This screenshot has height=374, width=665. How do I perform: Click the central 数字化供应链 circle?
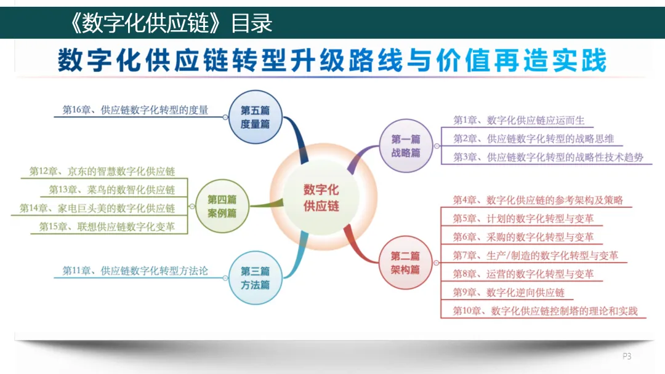point(321,198)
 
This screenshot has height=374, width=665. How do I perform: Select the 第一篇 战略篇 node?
point(406,146)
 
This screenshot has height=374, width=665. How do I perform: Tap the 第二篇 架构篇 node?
point(405,263)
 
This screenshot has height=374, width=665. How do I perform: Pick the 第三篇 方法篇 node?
point(255,278)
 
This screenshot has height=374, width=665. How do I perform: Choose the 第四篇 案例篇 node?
point(222,206)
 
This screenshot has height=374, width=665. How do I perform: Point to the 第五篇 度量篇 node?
point(255,117)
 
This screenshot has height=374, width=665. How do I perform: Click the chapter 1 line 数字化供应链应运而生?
point(519,121)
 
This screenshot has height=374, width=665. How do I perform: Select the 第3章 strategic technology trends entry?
point(548,157)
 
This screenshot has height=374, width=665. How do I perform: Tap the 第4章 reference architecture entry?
point(538,200)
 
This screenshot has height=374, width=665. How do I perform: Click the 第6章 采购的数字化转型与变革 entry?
point(523,237)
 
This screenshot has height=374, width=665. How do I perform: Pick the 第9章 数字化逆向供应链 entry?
point(509,292)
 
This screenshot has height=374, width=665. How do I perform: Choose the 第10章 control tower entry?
point(545,311)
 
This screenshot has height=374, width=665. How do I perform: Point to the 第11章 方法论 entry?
point(135,271)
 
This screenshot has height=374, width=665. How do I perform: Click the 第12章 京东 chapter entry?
point(102,171)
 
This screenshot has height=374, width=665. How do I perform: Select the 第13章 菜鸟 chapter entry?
point(112,189)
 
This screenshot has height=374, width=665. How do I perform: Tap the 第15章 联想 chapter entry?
point(107,226)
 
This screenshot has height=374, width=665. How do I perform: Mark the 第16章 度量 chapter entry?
point(135,111)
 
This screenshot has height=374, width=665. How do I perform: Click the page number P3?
point(627,356)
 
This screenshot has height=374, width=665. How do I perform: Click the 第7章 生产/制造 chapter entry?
point(536,255)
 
